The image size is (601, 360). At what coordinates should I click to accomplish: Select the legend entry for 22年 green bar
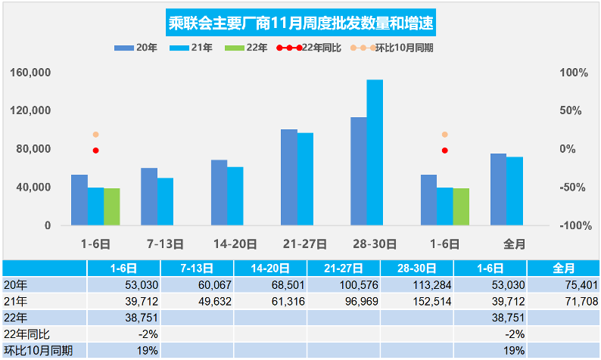tap(249, 48)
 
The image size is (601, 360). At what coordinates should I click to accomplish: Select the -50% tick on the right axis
tap(571, 187)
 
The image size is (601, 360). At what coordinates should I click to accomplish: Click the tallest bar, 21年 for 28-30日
tap(375, 152)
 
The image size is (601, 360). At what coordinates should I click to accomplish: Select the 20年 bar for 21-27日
tap(288, 177)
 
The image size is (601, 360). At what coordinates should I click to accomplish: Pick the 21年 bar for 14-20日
tap(235, 196)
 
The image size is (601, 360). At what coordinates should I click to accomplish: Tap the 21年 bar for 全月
tap(515, 191)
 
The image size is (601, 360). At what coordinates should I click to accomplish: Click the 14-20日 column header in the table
tap(269, 268)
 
